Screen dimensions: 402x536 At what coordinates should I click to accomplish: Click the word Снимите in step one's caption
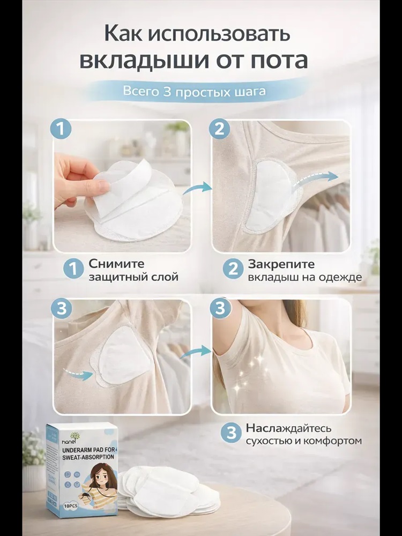(x=116, y=264)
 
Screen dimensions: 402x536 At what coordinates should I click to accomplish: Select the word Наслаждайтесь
(x=289, y=428)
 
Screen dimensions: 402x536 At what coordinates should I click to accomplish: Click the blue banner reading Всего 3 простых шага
(x=194, y=92)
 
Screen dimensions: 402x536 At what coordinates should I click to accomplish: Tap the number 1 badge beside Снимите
(x=73, y=269)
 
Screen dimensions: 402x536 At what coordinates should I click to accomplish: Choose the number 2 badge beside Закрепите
(x=233, y=269)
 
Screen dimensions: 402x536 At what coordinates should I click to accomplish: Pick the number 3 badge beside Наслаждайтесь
(x=232, y=433)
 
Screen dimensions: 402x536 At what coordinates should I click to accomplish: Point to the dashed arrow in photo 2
(x=316, y=179)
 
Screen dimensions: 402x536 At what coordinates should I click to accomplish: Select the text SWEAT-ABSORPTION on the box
(x=88, y=457)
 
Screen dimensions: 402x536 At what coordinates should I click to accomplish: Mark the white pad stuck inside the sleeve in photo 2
(x=271, y=197)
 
